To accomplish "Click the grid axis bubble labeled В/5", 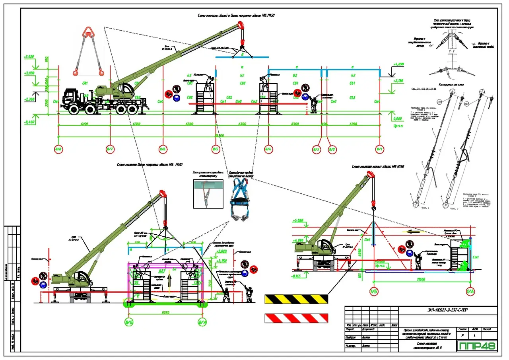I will (x=216, y=150).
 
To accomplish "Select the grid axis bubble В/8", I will (x=59, y=150).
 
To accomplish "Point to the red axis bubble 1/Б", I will (x=373, y=292).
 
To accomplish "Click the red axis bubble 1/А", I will (x=470, y=292).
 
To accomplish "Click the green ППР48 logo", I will (x=477, y=345).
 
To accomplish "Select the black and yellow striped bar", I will (x=296, y=299).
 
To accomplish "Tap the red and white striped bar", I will (x=296, y=318).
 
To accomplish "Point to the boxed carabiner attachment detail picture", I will (x=208, y=194).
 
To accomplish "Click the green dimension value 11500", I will (x=422, y=280).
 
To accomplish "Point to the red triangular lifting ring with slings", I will (x=88, y=51).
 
